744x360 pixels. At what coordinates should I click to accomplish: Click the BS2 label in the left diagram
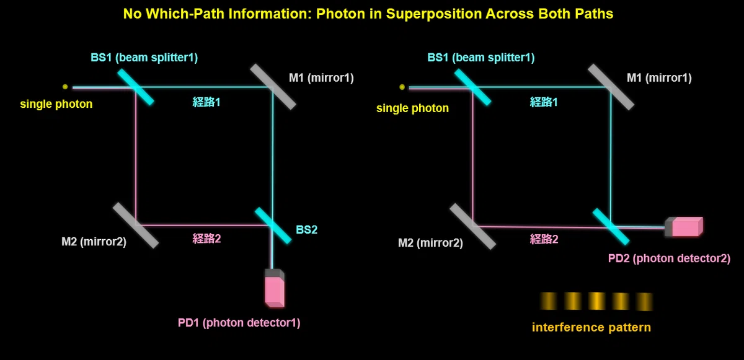click(306, 230)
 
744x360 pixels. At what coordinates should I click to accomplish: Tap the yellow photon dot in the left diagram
click(65, 87)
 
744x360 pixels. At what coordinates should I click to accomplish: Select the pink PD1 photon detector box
click(275, 288)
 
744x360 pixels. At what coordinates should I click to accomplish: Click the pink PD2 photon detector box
click(684, 227)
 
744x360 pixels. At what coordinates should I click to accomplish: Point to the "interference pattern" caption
click(591, 328)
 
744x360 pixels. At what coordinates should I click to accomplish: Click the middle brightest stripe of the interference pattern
click(596, 301)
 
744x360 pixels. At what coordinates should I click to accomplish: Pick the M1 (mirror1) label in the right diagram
click(659, 78)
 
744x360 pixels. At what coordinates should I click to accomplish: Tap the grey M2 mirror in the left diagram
click(136, 226)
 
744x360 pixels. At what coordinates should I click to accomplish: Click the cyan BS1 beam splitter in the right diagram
click(472, 87)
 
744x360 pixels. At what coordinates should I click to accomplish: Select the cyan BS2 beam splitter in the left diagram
click(273, 226)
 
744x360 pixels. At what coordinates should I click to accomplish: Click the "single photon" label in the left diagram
click(56, 104)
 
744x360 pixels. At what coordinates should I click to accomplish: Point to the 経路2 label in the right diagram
click(544, 239)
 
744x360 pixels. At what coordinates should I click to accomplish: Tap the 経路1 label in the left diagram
click(206, 102)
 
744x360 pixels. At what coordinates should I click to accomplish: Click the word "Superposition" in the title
click(434, 14)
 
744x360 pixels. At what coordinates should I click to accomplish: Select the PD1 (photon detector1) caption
click(239, 323)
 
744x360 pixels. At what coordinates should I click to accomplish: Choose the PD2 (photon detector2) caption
click(669, 258)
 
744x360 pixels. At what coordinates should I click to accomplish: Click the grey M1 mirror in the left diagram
click(273, 87)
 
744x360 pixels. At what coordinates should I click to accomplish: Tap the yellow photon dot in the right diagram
click(402, 87)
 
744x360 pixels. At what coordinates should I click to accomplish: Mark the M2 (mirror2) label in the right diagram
click(430, 243)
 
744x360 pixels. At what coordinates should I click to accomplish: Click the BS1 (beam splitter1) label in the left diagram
click(144, 58)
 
